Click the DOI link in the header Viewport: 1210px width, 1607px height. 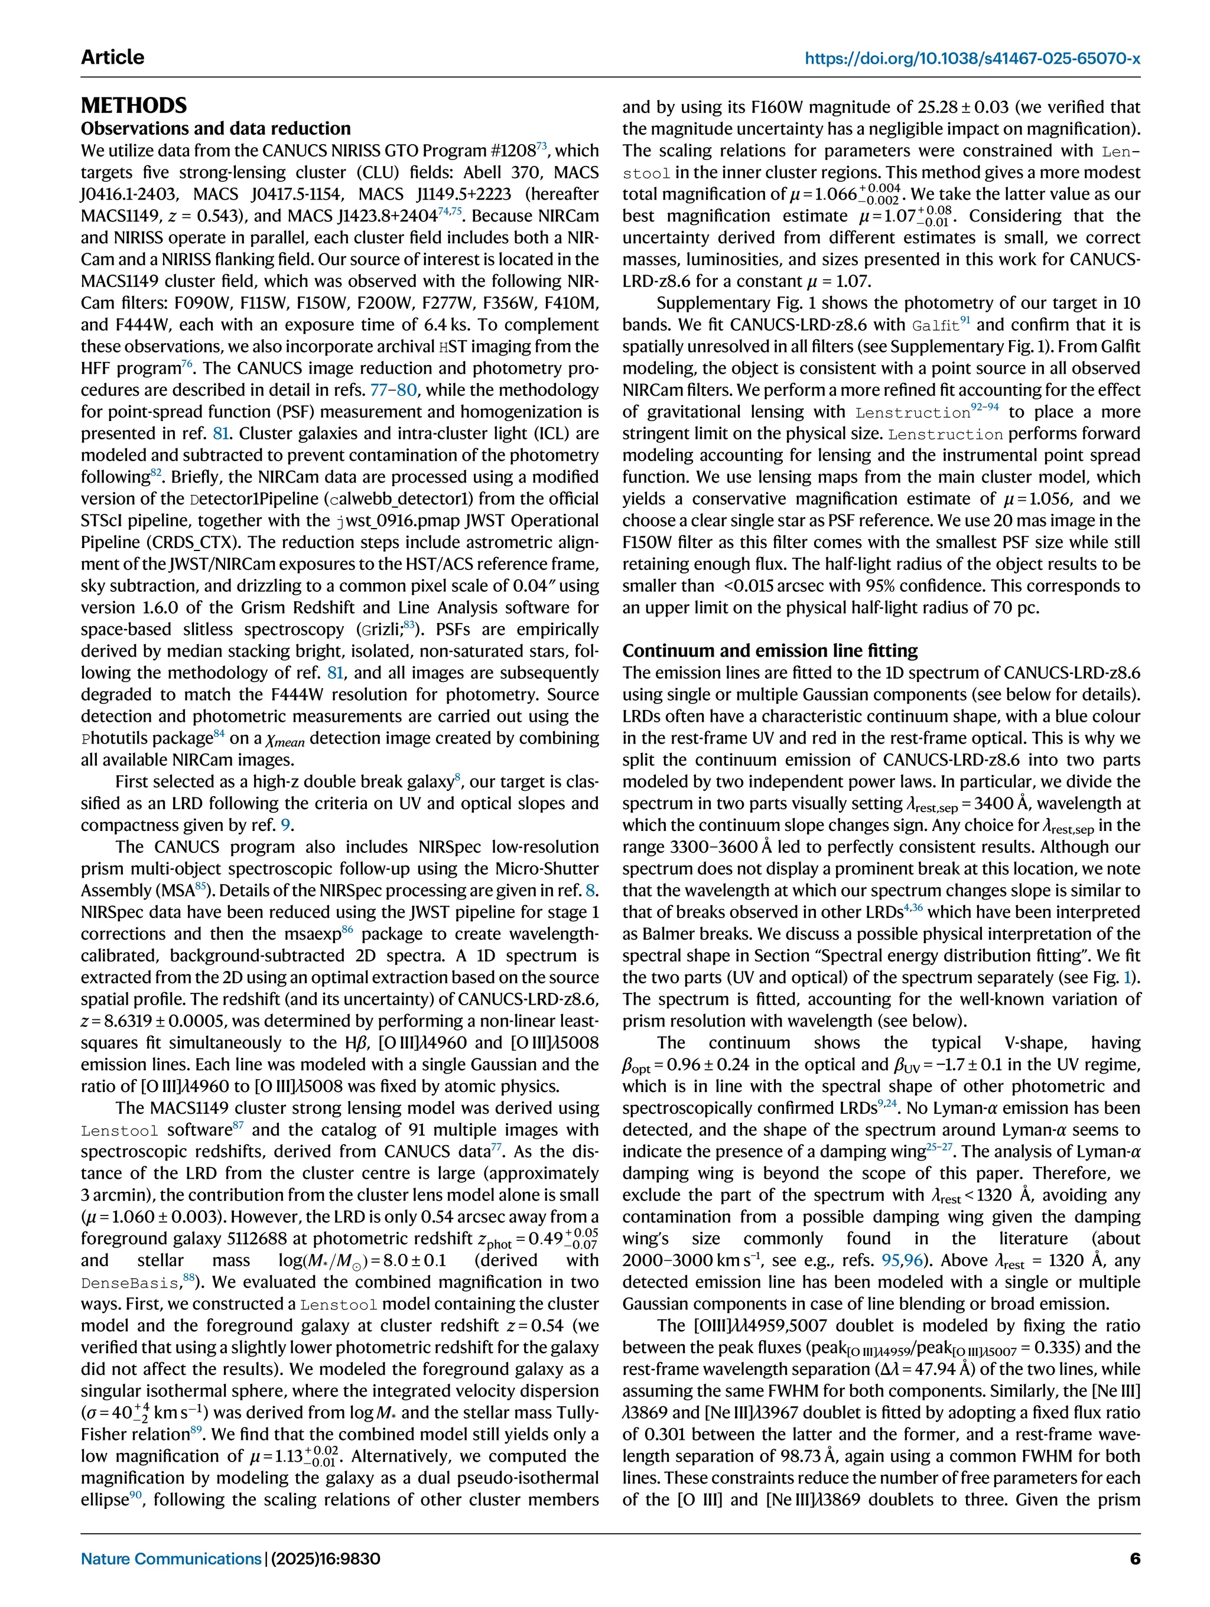click(972, 57)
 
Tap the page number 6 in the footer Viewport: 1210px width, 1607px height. click(1134, 1559)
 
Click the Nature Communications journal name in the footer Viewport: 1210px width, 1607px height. click(171, 1559)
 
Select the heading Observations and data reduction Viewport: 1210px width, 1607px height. click(215, 129)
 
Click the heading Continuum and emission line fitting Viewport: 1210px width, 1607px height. click(770, 650)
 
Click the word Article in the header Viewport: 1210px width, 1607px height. click(113, 57)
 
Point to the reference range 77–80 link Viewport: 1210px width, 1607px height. click(393, 390)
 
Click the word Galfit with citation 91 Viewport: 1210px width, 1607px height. click(935, 325)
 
